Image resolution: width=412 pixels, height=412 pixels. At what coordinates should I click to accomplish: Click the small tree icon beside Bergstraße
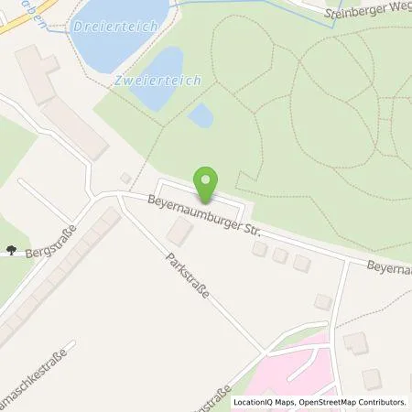(11, 248)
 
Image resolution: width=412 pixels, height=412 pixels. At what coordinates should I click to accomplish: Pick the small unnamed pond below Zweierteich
(201, 115)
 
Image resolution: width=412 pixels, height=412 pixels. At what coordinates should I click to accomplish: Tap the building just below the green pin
(179, 234)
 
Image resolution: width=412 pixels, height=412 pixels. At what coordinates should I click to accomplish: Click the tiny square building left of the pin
(125, 178)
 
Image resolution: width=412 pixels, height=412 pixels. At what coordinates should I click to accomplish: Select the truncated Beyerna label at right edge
(389, 267)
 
